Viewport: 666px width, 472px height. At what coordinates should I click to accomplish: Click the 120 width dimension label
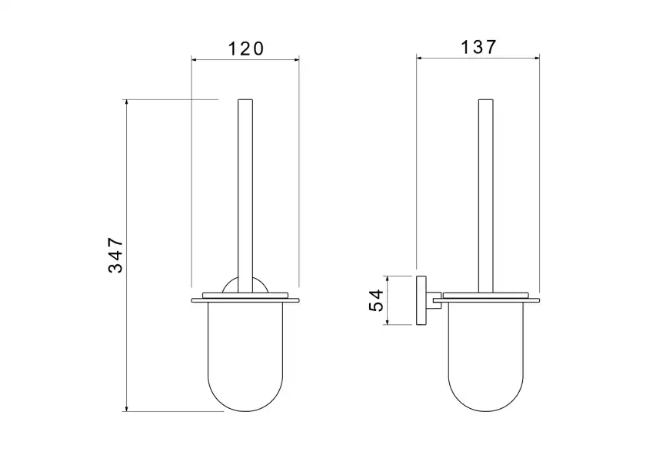point(246,49)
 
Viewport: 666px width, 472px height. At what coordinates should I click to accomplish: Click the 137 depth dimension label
point(478,47)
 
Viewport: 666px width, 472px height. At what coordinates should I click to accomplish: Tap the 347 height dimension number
point(115,255)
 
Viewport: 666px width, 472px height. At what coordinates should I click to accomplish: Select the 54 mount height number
point(376,300)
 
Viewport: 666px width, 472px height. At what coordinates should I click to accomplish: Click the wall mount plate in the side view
point(421,300)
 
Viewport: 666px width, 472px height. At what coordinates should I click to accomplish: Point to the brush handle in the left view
point(245,196)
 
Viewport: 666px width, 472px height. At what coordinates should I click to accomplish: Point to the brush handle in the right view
point(486,196)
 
